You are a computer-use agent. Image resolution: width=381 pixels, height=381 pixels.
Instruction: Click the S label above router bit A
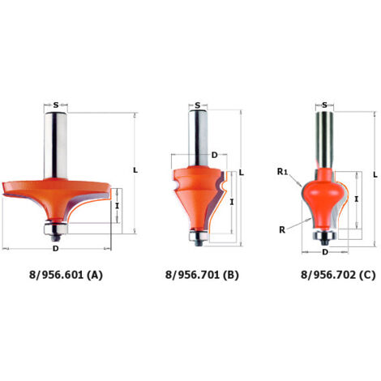(56, 105)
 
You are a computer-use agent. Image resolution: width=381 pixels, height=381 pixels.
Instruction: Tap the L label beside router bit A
(135, 170)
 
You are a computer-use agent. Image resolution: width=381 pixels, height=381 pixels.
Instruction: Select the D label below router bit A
(55, 248)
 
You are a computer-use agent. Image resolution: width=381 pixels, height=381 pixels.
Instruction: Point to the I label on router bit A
(117, 206)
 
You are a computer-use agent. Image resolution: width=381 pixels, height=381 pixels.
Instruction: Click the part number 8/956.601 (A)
(66, 275)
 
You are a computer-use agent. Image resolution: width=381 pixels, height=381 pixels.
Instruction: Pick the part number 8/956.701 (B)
(202, 275)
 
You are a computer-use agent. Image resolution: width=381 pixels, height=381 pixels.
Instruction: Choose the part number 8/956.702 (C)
(338, 275)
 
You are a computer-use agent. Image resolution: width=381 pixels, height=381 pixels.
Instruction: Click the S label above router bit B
(198, 105)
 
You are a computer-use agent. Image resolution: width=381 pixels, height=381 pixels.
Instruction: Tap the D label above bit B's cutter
(214, 155)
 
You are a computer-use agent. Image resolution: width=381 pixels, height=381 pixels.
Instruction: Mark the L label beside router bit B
(242, 173)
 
